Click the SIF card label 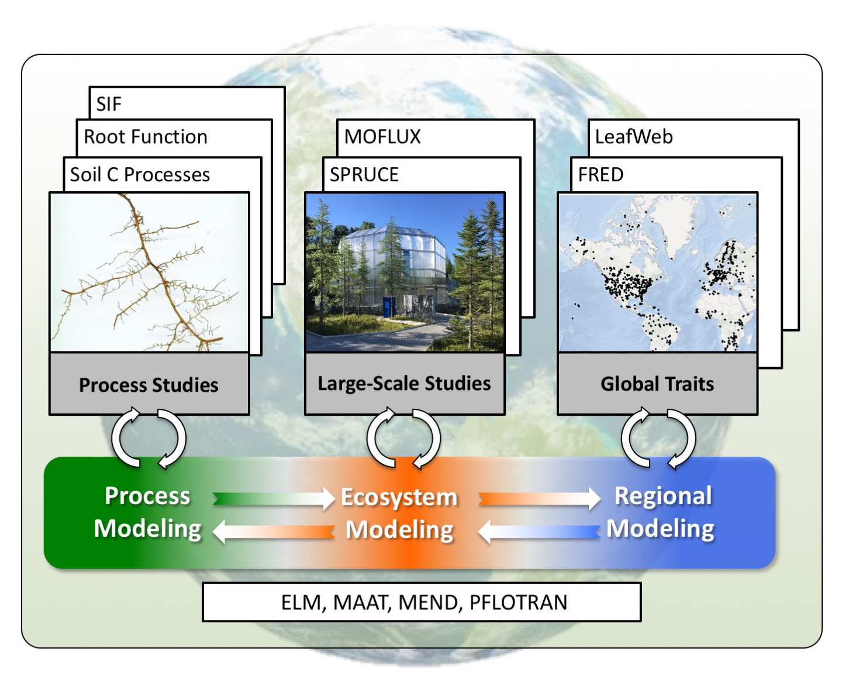(109, 104)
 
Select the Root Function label (146, 137)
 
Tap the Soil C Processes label (140, 174)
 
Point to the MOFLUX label (382, 137)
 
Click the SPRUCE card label (364, 174)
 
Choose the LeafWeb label (634, 137)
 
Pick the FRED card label (601, 174)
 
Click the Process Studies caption (149, 385)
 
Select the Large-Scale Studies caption (404, 383)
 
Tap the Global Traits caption (657, 384)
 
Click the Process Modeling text (147, 512)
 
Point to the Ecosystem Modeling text (399, 513)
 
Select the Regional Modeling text (661, 512)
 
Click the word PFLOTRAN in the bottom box (518, 602)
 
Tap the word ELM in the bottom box (301, 602)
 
